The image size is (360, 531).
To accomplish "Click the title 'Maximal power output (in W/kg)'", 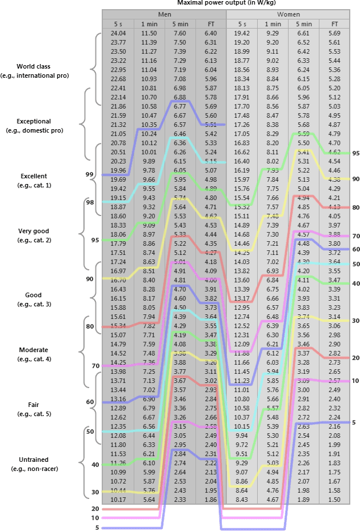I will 226,3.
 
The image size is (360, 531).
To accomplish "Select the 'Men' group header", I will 164,14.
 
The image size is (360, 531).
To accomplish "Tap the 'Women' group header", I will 288,14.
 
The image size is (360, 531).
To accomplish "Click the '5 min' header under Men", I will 180,24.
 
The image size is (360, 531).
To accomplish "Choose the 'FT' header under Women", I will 334,24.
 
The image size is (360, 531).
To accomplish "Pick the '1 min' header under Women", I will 273,24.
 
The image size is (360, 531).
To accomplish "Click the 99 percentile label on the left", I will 89,174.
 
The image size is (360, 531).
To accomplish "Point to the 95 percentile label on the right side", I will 355,153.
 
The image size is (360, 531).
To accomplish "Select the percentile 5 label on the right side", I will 354,422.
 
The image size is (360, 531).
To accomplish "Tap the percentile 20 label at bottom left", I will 95,509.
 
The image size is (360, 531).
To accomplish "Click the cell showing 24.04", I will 118,34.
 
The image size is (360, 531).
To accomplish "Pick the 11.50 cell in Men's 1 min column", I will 149,34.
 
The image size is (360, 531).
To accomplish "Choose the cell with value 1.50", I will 334,499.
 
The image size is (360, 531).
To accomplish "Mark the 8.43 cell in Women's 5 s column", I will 242,499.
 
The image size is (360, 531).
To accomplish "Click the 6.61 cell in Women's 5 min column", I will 304,34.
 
